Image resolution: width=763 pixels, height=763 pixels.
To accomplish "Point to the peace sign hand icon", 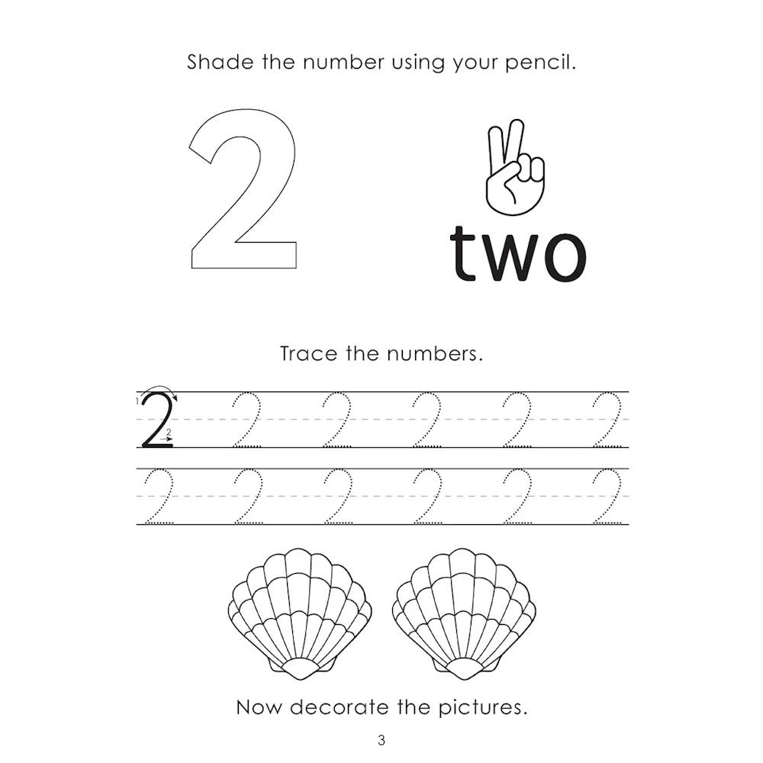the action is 515,167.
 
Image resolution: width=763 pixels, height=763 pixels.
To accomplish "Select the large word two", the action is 518,254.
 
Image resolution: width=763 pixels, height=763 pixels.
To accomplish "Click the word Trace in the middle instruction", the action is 309,354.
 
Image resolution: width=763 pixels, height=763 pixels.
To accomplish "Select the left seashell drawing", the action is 300,614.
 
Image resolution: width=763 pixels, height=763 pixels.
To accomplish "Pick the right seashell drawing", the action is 464,614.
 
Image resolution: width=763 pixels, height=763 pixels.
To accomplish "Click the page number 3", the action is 381,741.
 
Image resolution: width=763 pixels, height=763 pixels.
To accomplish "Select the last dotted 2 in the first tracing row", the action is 607,420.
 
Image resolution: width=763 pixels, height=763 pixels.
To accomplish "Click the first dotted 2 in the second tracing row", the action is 159,497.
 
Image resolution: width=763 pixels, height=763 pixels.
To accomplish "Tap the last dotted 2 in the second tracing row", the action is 607,497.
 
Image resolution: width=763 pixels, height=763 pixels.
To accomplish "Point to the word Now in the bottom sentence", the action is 259,707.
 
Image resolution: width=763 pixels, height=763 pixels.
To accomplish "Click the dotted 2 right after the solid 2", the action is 246,420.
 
